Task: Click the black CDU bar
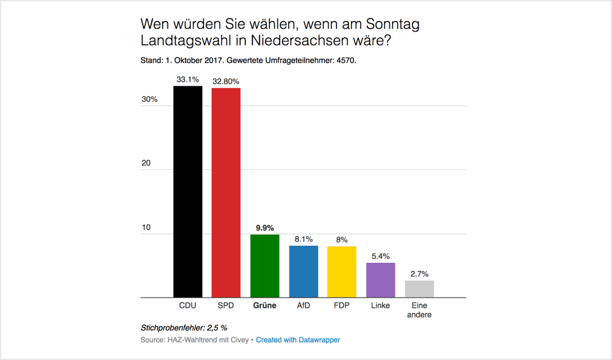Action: pyautogui.click(x=188, y=192)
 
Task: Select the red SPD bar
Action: pyautogui.click(x=226, y=193)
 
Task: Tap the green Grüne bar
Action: pyautogui.click(x=265, y=266)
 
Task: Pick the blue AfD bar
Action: pyautogui.click(x=304, y=272)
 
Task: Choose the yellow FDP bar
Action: pyautogui.click(x=342, y=272)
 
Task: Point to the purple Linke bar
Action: pyautogui.click(x=380, y=280)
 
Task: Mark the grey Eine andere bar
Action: pyautogui.click(x=419, y=289)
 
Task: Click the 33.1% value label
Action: pyautogui.click(x=188, y=79)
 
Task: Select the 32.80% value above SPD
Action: pyautogui.click(x=226, y=81)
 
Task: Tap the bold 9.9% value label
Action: pyautogui.click(x=265, y=228)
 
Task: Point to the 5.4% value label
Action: pyautogui.click(x=380, y=256)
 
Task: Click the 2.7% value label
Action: pyautogui.click(x=419, y=274)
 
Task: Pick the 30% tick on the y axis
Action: pyautogui.click(x=149, y=100)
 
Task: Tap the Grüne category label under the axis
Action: pyautogui.click(x=265, y=306)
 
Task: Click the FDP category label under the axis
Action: pyautogui.click(x=342, y=306)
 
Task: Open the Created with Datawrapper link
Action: pyautogui.click(x=298, y=340)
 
